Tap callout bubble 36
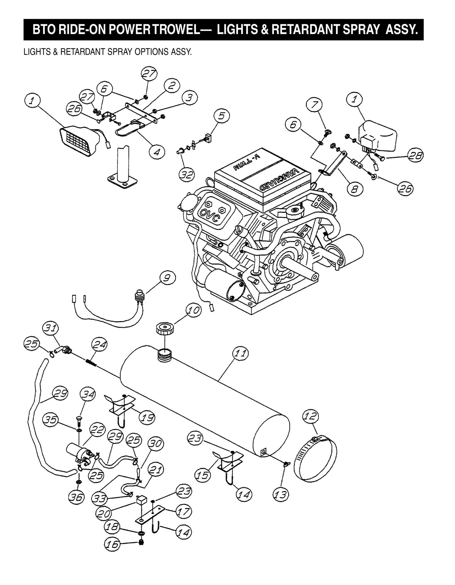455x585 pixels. (77, 497)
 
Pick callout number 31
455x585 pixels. (51, 328)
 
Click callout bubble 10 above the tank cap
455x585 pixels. (193, 310)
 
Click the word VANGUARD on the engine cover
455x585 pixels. (279, 179)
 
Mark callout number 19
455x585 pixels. (147, 417)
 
